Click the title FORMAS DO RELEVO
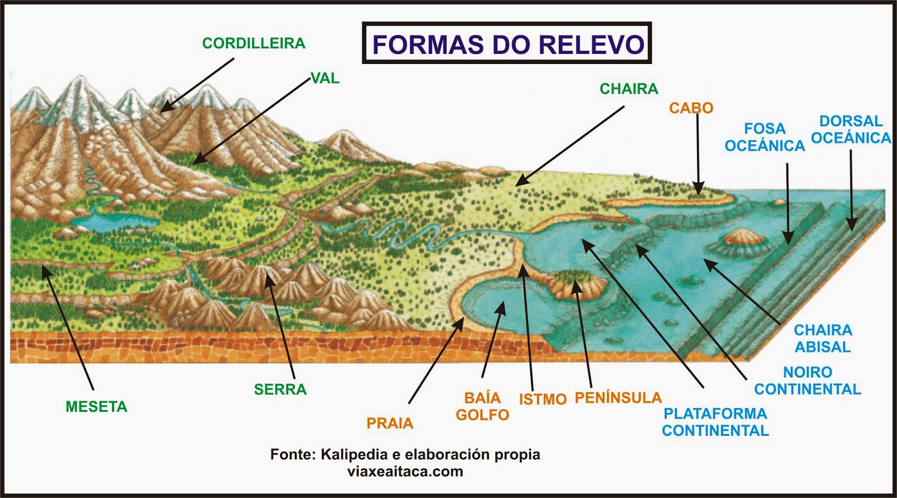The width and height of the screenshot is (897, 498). [x=507, y=44]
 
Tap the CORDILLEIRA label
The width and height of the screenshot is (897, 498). [x=253, y=43]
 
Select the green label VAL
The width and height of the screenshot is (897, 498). [x=325, y=79]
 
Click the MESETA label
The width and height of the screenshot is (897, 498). [x=96, y=407]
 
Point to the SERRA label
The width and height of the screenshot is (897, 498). [x=280, y=389]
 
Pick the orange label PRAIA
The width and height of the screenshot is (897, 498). [x=390, y=423]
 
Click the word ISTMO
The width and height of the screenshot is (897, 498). [x=542, y=399]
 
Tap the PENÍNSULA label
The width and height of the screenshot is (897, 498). [x=618, y=398]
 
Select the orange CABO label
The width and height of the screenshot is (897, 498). [x=691, y=108]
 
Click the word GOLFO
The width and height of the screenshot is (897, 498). [x=482, y=415]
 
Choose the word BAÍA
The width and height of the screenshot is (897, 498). [x=482, y=398]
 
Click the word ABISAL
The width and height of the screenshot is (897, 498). [x=822, y=347]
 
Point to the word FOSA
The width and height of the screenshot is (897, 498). [x=765, y=128]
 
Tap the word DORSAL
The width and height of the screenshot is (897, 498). [x=850, y=121]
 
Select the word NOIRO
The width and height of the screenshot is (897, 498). [x=807, y=372]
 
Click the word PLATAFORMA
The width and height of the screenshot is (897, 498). [x=715, y=413]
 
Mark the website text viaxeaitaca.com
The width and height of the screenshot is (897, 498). [x=405, y=471]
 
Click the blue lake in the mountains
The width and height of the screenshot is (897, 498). [x=115, y=220]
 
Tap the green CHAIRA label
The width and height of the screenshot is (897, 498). [x=628, y=89]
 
